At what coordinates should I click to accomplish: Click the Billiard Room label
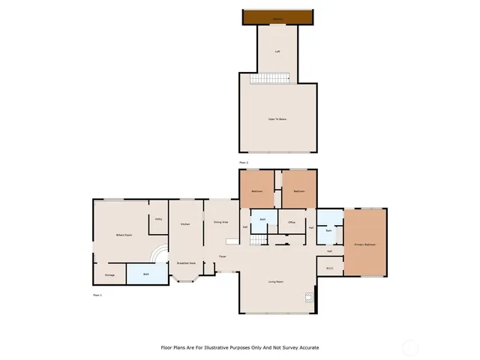click(x=124, y=235)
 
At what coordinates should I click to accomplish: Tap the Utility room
click(x=158, y=219)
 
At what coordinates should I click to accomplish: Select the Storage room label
click(x=109, y=274)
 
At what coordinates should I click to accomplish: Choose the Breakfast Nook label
click(x=186, y=263)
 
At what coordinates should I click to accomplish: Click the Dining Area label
click(x=220, y=223)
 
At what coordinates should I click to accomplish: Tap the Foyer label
click(x=223, y=257)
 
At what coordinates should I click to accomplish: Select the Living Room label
click(x=276, y=282)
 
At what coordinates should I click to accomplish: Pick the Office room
click(x=292, y=222)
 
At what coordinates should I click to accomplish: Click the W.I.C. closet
click(x=330, y=268)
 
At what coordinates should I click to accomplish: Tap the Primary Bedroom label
click(x=364, y=244)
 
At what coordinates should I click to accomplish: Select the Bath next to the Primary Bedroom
click(x=329, y=231)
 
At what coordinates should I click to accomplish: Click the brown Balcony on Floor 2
click(x=277, y=17)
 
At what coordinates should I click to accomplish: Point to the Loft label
click(x=277, y=52)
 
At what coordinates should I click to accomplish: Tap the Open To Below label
click(x=277, y=119)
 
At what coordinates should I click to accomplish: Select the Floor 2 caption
click(x=243, y=162)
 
